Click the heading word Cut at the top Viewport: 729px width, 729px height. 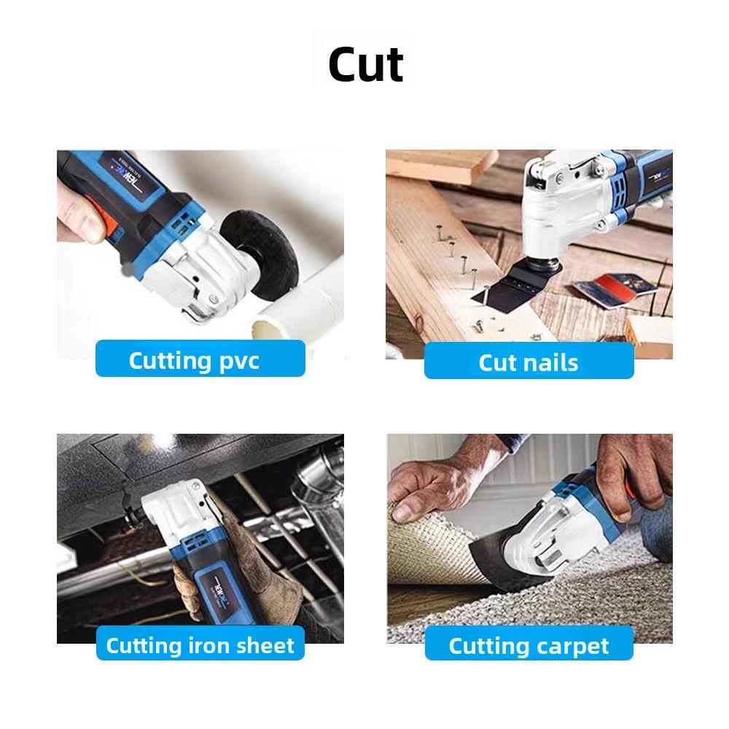[365, 64]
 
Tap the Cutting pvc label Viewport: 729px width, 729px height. [200, 359]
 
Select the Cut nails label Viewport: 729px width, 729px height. [529, 362]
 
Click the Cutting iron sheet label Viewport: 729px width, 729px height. [200, 645]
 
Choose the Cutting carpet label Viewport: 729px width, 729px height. [529, 645]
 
